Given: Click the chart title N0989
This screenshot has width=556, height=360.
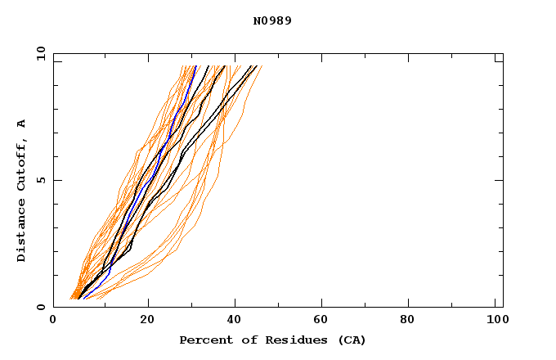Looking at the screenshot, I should pos(272,20).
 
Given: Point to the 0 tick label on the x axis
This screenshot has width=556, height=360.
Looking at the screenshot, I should pos(53,320).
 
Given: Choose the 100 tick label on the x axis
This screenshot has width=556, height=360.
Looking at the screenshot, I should pos(495,320).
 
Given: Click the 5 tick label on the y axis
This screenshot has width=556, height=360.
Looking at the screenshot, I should pos(40,180).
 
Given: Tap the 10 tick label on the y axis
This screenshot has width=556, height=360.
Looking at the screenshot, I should pos(40,54).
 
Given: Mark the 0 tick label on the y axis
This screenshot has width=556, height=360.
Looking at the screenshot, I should pos(40,307).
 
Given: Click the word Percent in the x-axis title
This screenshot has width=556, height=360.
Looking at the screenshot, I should pos(203,340).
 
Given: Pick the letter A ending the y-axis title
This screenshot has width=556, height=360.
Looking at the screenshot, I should pos(21,124).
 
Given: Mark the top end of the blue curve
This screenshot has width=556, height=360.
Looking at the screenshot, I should pos(195,66).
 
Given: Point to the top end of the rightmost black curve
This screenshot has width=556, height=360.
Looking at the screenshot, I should pos(256,66).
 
